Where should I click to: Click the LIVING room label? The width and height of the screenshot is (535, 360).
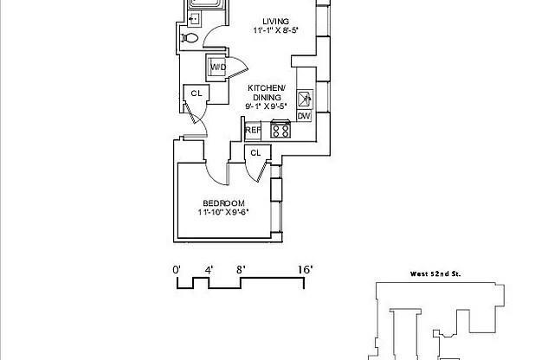275,21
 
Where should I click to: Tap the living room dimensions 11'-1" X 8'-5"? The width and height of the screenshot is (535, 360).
276,30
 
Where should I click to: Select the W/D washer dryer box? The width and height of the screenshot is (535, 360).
216,67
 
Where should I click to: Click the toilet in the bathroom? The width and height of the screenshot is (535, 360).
190,37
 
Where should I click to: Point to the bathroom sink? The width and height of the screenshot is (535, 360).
194,18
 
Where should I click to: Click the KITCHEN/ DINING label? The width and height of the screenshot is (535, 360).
267,93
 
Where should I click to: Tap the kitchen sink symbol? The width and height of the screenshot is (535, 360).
305,100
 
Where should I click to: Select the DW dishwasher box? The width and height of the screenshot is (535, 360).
304,116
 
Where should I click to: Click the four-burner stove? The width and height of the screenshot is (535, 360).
280,129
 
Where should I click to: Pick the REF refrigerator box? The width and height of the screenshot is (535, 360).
253,131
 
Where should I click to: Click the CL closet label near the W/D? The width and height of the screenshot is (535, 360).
197,93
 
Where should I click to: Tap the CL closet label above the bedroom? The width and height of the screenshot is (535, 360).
255,153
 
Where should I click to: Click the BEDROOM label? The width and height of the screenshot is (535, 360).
223,203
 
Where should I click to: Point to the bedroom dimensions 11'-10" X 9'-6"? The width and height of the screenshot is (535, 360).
223,212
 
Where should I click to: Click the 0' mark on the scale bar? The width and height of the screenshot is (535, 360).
177,270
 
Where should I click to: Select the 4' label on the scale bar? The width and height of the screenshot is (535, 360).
209,270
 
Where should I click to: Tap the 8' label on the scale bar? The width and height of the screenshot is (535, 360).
241,270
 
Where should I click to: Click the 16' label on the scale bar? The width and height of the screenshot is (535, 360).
305,270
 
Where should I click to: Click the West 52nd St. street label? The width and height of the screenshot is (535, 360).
435,273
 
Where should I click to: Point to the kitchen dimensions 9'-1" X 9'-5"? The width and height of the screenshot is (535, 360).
266,106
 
